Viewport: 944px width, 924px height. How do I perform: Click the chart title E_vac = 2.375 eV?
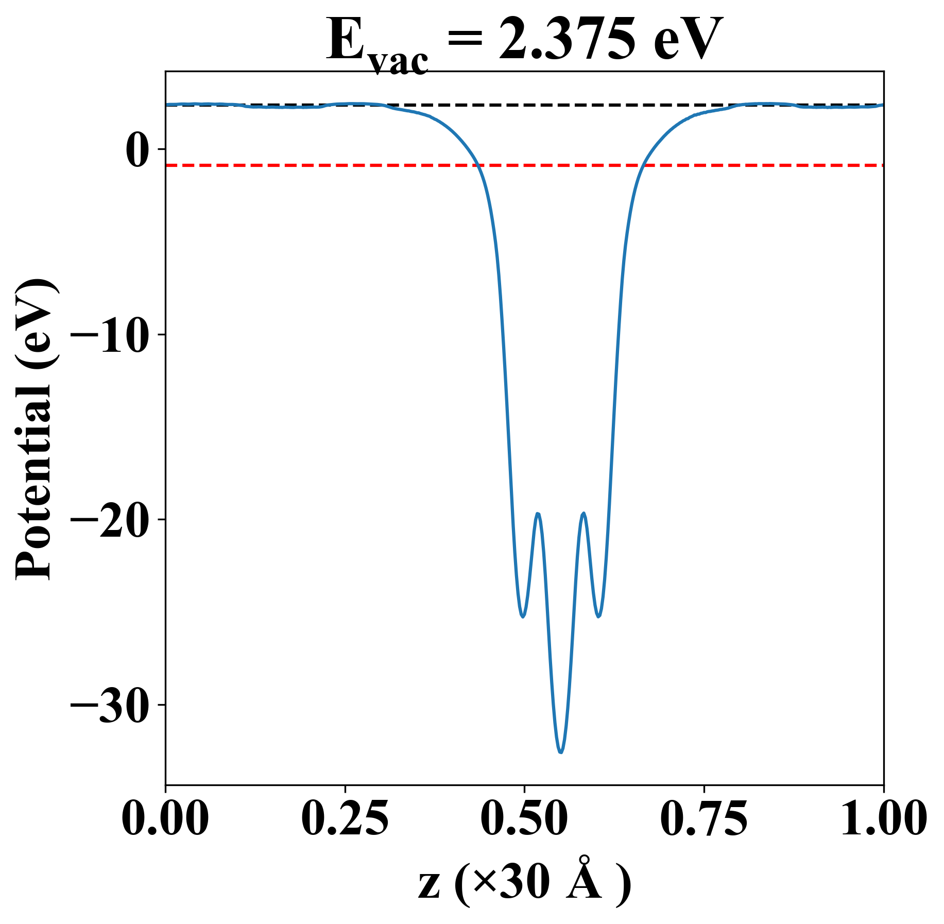(x=524, y=41)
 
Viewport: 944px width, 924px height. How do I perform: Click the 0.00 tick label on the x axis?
(x=165, y=818)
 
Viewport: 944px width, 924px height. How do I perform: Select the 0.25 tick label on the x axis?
(x=345, y=818)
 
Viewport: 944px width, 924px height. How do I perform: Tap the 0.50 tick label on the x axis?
(x=524, y=818)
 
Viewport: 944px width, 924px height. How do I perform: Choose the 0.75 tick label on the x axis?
(x=703, y=818)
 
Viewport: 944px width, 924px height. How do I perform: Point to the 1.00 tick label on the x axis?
(x=883, y=818)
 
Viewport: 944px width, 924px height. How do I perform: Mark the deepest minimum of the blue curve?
(x=561, y=752)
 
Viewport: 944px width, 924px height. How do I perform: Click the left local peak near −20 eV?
(x=538, y=514)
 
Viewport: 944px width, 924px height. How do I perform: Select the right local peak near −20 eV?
(x=583, y=514)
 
